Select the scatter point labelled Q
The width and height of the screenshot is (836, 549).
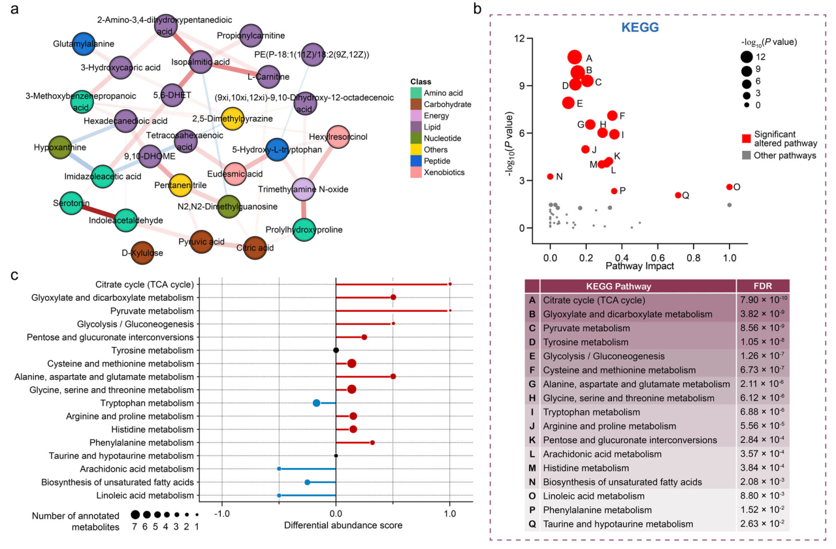point(678,195)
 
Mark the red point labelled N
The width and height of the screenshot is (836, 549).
point(550,176)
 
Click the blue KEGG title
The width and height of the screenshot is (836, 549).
point(640,28)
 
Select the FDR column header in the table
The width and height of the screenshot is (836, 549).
point(762,286)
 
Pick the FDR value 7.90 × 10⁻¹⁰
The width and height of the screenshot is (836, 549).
point(762,301)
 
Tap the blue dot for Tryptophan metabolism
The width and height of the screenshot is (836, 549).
point(317,403)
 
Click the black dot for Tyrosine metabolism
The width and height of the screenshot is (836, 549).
point(336,350)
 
